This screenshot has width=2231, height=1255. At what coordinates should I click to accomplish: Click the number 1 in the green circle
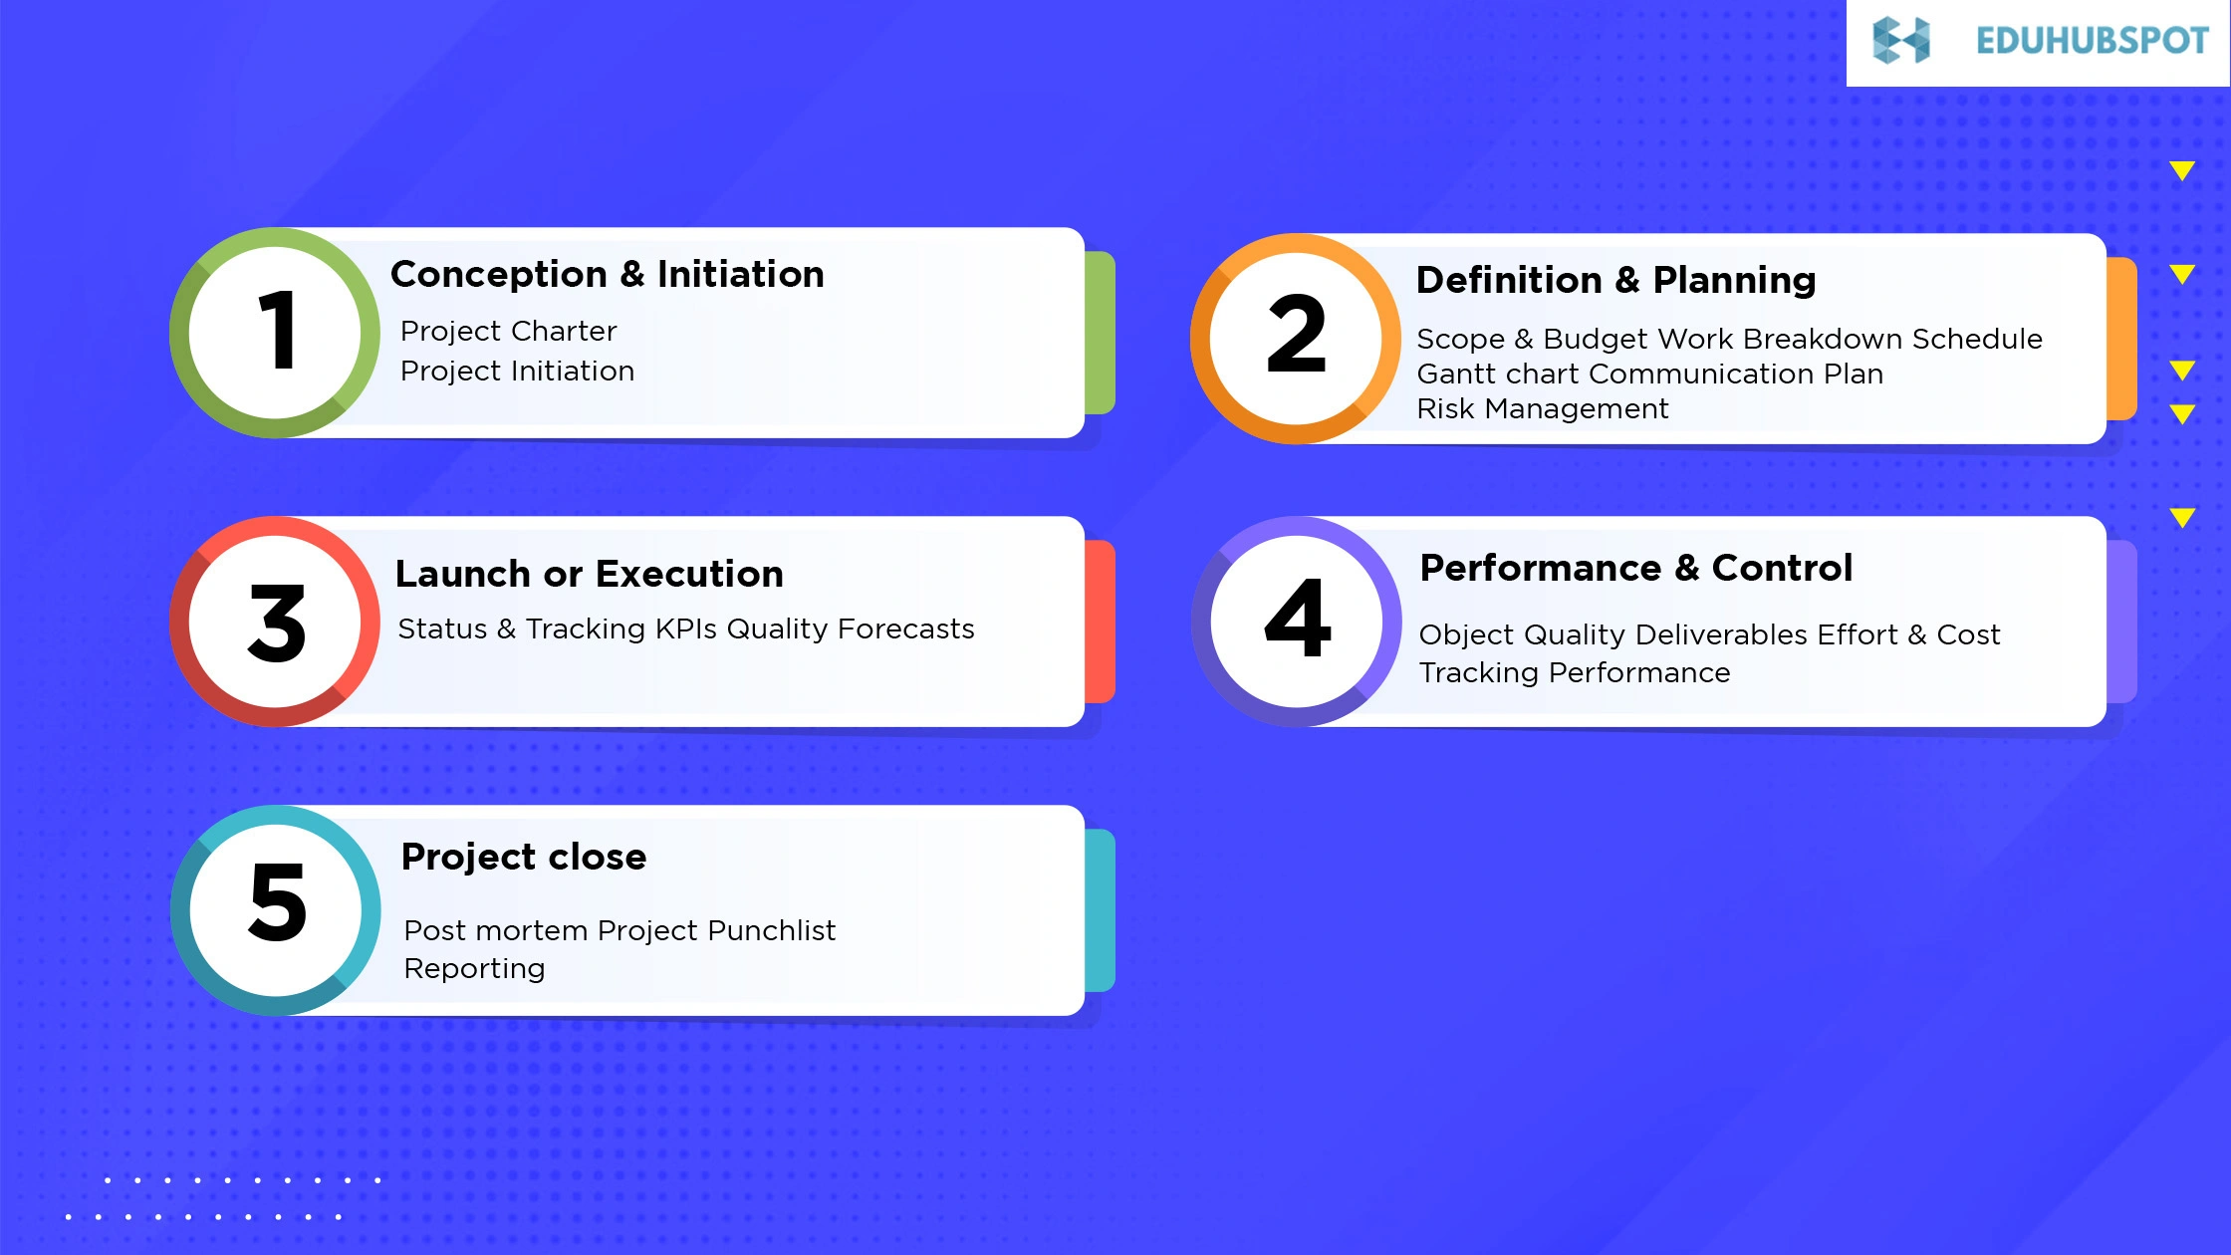coord(277,331)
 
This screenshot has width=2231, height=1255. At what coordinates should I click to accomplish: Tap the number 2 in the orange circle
coord(1296,336)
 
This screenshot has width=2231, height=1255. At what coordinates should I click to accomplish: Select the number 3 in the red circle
coord(277,624)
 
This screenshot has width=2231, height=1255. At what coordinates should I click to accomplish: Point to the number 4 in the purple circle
coord(1297,619)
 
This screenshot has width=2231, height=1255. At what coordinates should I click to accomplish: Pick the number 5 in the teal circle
coord(277,902)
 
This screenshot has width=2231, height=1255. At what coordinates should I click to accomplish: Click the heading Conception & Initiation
coord(607,274)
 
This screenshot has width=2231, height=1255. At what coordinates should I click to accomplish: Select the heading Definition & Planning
coord(1615,280)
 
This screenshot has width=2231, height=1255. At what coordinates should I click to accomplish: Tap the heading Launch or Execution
coord(589,574)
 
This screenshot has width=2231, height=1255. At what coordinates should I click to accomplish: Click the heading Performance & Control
coord(1635,568)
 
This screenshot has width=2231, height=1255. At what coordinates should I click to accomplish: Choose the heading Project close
coord(523,857)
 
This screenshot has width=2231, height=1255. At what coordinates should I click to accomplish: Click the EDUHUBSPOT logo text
coord(2092,41)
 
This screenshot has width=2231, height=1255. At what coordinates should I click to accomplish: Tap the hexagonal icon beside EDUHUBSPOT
coord(1900,41)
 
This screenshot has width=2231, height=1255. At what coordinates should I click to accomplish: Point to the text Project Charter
coord(508,331)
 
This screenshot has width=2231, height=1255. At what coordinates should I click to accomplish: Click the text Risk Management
coord(1542,408)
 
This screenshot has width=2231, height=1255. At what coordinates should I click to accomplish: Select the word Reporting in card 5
coord(474,968)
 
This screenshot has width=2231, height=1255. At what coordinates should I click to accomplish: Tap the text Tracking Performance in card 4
coord(1574,672)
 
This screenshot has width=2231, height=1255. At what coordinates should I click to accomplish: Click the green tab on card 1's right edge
coord(1100,333)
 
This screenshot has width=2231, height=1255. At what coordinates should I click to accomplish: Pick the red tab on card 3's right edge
coord(1100,622)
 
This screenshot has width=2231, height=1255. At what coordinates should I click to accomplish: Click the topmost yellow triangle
coord(2182,170)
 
